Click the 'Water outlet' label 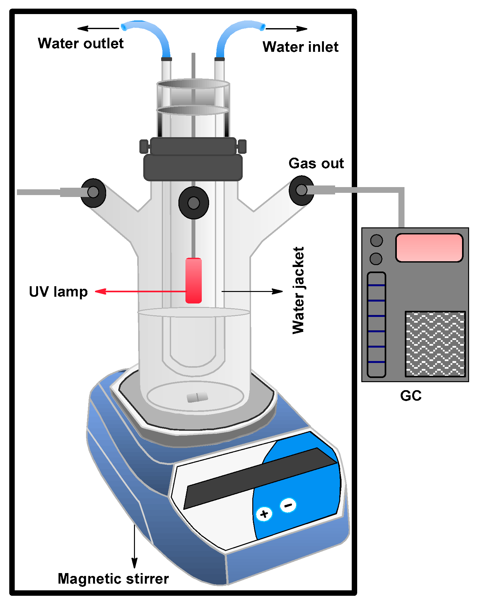pos(81,43)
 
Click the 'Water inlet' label pos(300,47)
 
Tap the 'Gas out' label pos(316,163)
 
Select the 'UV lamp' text pos(58,292)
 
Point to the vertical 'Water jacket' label pos(299,290)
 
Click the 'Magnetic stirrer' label pos(113,579)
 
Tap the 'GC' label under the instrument pos(411,396)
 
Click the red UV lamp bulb pos(193,280)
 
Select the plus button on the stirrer pos(264,514)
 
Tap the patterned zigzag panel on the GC pos(435,344)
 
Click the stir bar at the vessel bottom pos(197,397)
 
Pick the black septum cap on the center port pos(193,203)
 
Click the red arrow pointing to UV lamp pos(141,291)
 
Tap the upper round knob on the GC pos(376,240)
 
